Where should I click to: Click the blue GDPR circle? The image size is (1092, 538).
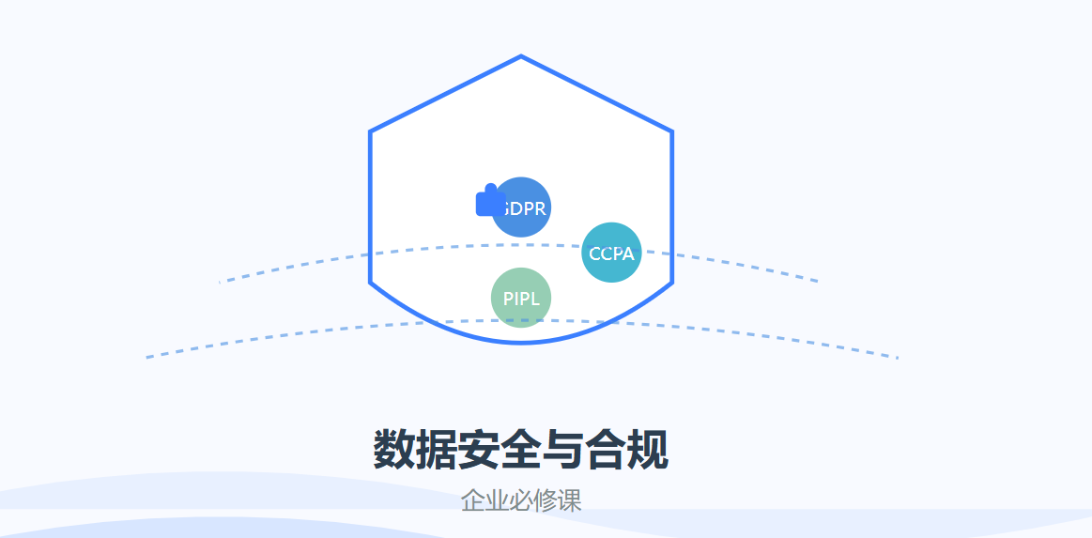click(523, 207)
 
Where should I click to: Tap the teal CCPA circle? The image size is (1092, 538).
click(611, 253)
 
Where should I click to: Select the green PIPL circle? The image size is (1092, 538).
click(521, 298)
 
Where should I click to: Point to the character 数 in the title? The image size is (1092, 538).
click(394, 450)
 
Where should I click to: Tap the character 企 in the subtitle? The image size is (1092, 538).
click(473, 500)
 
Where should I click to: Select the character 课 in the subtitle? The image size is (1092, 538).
click(570, 500)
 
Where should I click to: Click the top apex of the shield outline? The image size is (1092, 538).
click(521, 57)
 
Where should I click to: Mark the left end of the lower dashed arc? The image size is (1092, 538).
click(147, 358)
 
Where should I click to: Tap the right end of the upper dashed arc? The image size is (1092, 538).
click(817, 281)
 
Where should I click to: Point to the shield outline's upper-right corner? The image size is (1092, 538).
click(671, 131)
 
